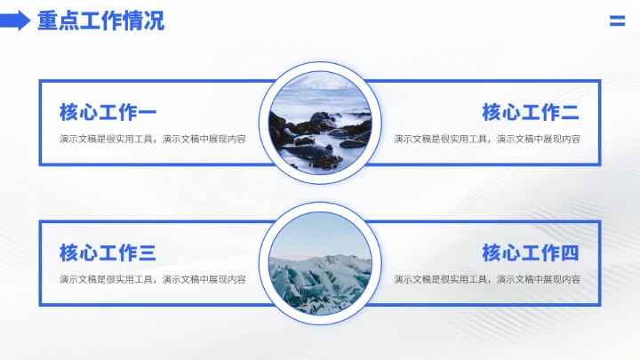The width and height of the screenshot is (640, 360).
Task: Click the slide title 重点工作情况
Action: click(100, 21)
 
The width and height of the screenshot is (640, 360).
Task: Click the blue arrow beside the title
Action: click(15, 21)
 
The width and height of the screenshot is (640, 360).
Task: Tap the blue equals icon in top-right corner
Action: click(617, 21)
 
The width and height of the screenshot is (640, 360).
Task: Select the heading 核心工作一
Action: click(108, 113)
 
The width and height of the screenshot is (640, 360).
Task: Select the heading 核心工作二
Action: click(531, 113)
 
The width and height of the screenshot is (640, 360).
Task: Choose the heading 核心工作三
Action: click(108, 253)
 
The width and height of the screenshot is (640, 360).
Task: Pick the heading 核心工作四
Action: click(531, 253)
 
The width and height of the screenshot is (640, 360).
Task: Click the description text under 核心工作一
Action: click(152, 139)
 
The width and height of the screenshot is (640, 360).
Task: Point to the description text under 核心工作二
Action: click(487, 139)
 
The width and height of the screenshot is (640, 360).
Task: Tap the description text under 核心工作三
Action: click(152, 279)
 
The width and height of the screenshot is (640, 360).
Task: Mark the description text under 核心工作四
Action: click(487, 279)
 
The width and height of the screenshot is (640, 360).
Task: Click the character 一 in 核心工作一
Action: click(147, 113)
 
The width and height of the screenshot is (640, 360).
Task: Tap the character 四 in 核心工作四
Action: click(570, 253)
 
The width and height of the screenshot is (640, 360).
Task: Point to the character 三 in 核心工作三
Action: click(147, 253)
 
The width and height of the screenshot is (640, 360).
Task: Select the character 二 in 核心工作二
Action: click(570, 113)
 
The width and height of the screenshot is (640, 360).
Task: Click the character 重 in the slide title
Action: click(47, 21)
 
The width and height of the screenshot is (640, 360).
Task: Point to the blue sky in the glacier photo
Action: click(320, 231)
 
